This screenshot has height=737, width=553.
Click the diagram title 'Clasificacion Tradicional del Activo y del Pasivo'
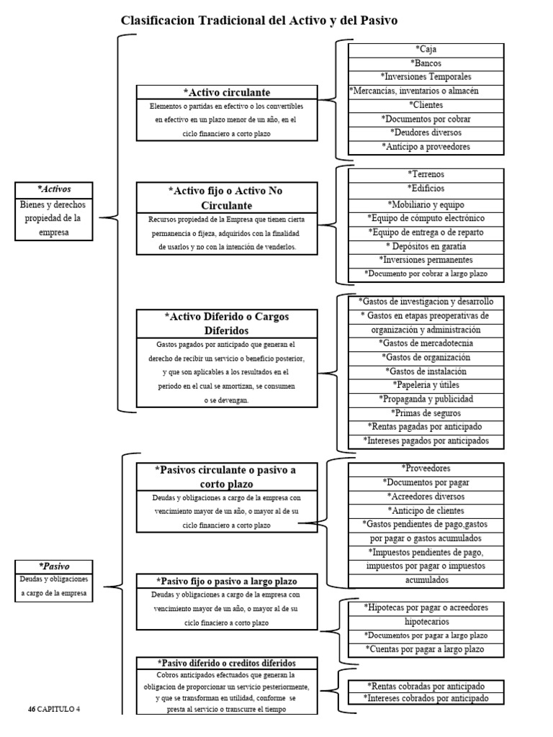(258, 21)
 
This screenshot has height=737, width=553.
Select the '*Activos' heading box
(54, 189)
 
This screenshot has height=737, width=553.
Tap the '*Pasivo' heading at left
(54, 566)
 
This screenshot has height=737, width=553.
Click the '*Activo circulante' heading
(227, 92)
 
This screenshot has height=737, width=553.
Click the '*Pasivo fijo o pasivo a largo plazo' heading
(227, 581)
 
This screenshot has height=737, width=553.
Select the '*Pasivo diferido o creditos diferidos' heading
(227, 662)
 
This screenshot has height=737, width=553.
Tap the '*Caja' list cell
(426, 50)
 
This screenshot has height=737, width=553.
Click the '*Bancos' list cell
(426, 63)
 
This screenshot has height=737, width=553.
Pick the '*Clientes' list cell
(426, 105)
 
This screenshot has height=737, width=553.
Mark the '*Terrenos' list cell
(426, 175)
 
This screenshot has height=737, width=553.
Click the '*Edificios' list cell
(426, 189)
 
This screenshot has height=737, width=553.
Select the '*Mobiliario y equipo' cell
(426, 204)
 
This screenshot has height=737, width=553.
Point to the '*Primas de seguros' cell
(426, 413)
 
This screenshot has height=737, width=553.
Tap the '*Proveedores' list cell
(426, 469)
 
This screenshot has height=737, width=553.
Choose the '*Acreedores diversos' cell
(426, 497)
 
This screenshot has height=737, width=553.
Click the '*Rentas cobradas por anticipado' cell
(426, 686)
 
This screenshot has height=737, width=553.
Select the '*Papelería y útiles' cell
(426, 385)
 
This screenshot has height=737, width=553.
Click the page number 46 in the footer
(32, 710)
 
